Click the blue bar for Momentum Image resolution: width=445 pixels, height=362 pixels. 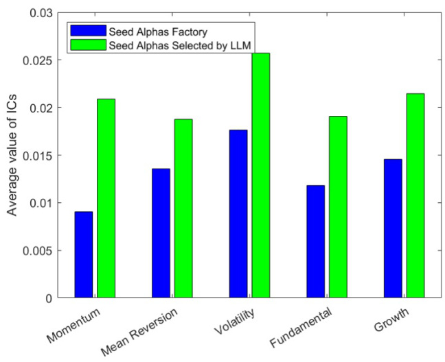click(83, 254)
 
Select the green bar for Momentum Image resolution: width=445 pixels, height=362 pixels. click(106, 198)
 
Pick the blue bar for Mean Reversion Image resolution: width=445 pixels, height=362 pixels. click(161, 233)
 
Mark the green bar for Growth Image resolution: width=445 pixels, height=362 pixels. click(415, 195)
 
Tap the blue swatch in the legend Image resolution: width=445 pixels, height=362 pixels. click(87, 32)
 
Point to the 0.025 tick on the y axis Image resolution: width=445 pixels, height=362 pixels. click(39, 60)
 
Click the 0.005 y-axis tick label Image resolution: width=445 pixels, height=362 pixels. click(39, 250)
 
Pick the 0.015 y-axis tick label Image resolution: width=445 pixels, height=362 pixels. click(39, 156)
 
